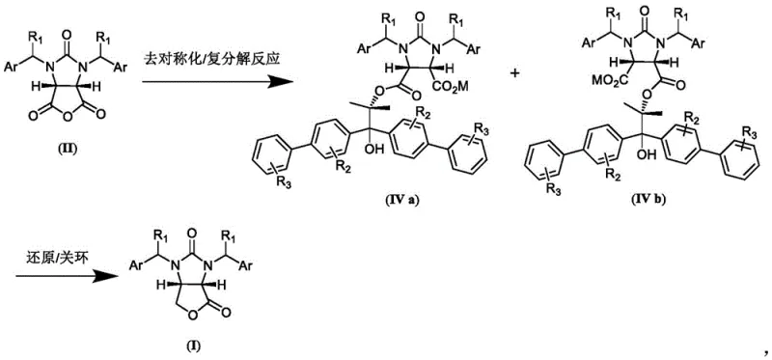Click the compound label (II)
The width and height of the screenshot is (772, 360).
(x=69, y=152)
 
